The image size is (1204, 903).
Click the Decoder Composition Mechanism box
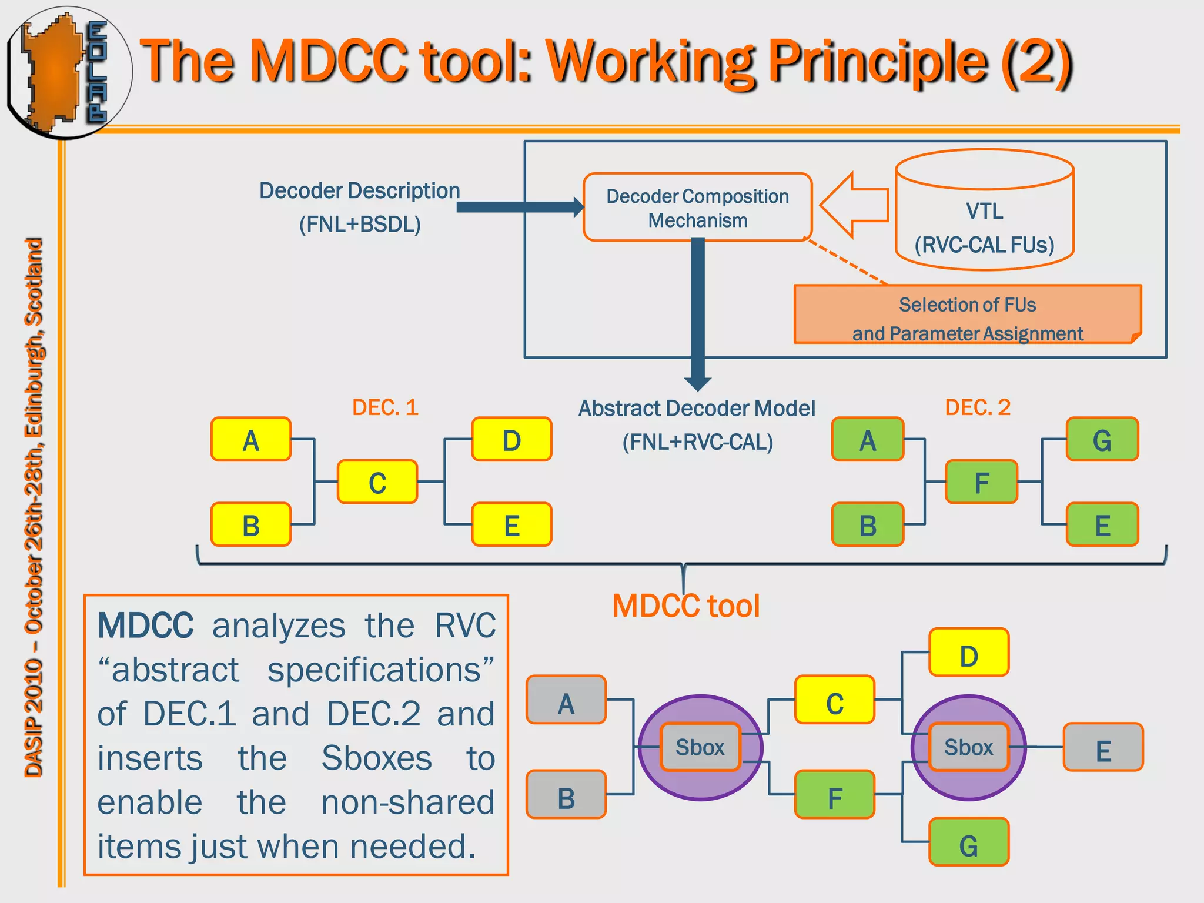[x=697, y=207]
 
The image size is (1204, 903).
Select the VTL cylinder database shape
[x=985, y=210]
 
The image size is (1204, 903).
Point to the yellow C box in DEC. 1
[x=377, y=482]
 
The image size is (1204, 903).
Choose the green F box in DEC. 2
[x=981, y=482]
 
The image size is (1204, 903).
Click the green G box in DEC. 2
[x=1102, y=440]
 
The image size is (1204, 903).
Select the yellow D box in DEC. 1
[x=511, y=440]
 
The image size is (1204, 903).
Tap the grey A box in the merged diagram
[x=566, y=700]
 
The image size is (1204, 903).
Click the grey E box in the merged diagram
[x=1103, y=747]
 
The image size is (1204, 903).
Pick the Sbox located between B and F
[x=700, y=747]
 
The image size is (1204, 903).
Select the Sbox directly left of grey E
[x=968, y=747]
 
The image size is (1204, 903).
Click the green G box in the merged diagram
[x=969, y=842]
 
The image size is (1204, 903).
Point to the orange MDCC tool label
[x=686, y=606]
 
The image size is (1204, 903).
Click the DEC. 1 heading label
[x=385, y=407]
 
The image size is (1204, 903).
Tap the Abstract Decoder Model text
[x=697, y=408]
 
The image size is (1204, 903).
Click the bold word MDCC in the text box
[x=145, y=625]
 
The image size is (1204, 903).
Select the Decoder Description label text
[x=359, y=190]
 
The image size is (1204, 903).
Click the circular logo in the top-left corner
[x=68, y=72]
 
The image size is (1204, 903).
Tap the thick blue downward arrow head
[x=698, y=384]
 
